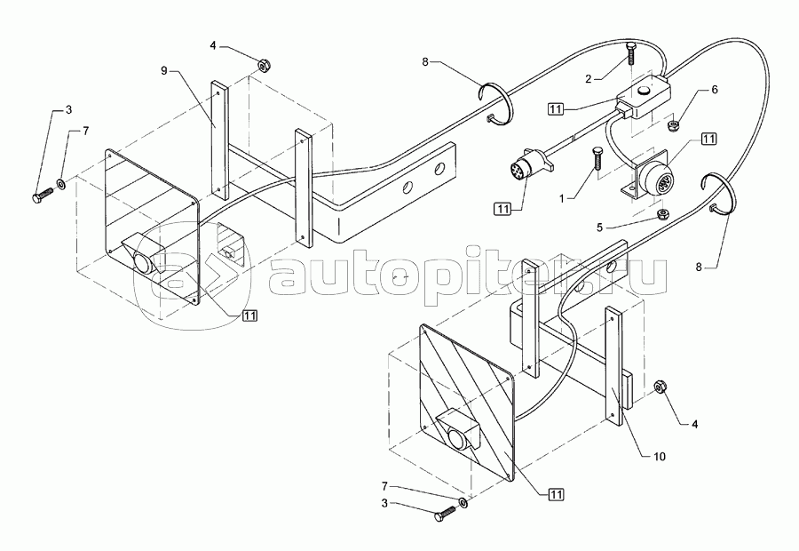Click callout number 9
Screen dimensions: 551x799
pos(163,68)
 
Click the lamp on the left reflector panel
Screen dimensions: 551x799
pos(142,259)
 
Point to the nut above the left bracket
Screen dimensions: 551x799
pos(264,65)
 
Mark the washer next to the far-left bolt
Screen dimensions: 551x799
pos(61,184)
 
